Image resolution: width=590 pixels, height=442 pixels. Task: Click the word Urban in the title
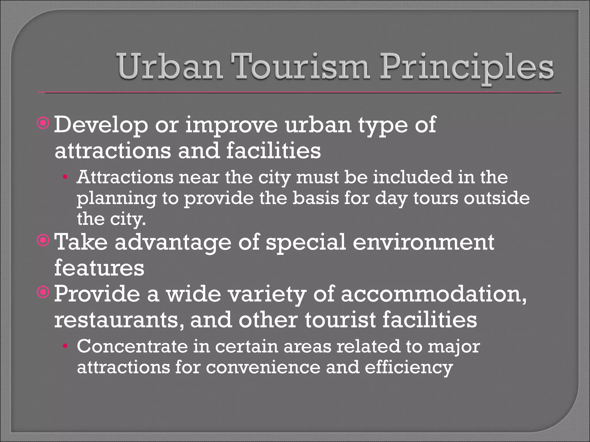coord(170,67)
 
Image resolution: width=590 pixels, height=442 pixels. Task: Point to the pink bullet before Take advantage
coord(44,241)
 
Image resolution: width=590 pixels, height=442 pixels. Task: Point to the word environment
coord(423,242)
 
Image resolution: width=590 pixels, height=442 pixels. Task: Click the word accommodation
coord(434,295)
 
